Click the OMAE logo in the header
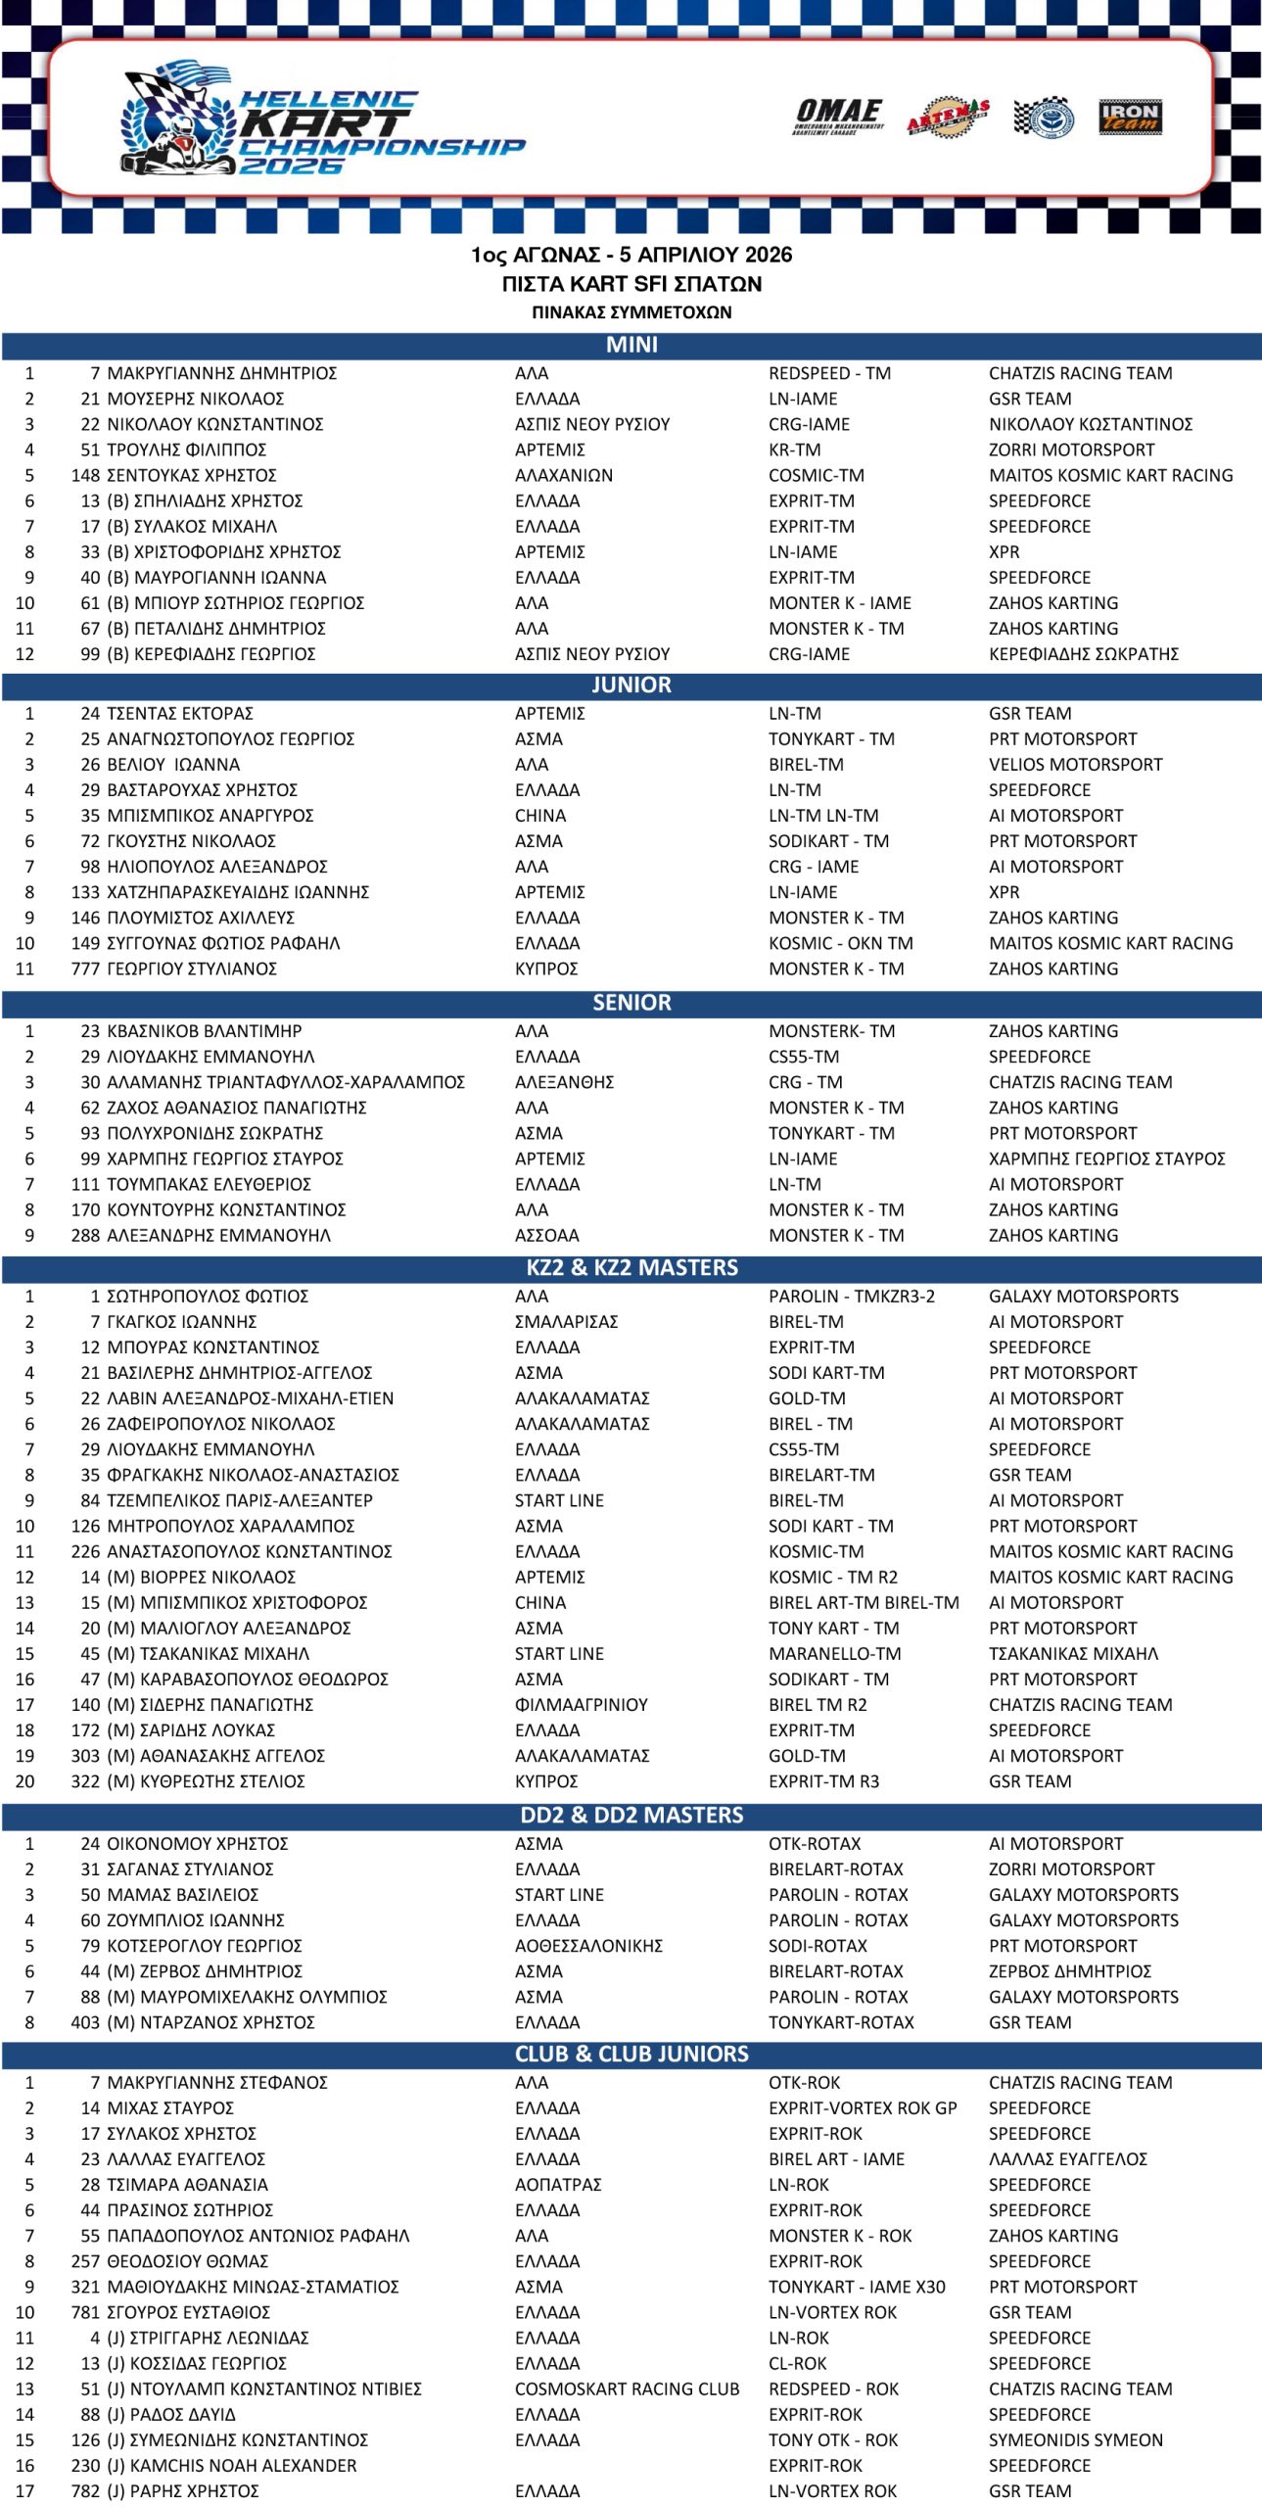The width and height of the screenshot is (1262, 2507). (839, 118)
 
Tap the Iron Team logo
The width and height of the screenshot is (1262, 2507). (1130, 118)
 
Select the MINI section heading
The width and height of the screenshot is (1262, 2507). (631, 346)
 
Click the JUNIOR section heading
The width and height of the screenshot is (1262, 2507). (631, 686)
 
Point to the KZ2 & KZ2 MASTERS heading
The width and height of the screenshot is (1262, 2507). (631, 1268)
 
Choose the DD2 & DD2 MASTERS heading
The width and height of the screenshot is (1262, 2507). (631, 1816)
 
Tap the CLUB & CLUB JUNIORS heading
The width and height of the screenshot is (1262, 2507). (631, 2055)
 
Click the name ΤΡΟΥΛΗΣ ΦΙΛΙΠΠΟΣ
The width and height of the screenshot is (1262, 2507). (187, 450)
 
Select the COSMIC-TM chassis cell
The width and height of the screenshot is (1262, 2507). (817, 476)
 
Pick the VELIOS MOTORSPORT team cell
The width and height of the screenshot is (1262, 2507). (1075, 765)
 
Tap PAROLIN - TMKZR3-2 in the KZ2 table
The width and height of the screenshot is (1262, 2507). (851, 1297)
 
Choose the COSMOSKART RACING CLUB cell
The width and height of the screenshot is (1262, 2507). (627, 2389)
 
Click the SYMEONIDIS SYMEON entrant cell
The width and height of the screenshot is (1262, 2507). (1075, 2440)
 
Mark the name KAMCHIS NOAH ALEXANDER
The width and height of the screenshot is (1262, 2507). (232, 2466)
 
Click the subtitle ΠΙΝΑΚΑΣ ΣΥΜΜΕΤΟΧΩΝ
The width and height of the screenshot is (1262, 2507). (631, 313)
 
